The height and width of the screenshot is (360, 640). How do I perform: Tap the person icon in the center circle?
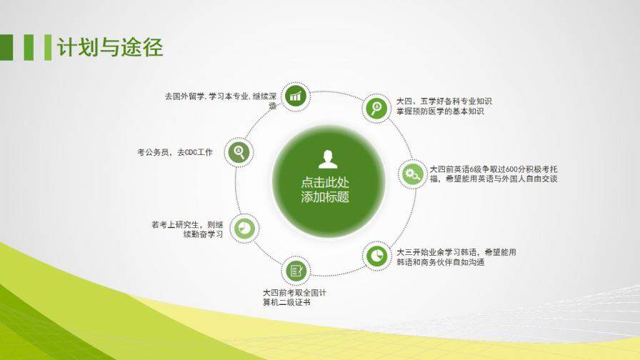326,159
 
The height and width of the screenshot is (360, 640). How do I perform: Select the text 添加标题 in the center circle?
326,197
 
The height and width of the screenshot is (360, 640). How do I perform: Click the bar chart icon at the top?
296,96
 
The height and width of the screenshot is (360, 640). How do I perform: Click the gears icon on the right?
412,174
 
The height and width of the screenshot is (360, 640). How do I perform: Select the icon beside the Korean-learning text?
376,254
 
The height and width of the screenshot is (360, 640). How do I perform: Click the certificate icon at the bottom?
296,270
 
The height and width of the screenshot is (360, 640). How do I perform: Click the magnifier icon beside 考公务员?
239,151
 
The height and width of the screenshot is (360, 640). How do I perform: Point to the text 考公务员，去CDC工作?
175,152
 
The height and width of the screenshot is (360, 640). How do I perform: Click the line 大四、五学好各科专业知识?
444,101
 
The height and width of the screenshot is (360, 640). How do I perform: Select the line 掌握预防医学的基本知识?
440,112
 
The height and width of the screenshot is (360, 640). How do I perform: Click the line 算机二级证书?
286,303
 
